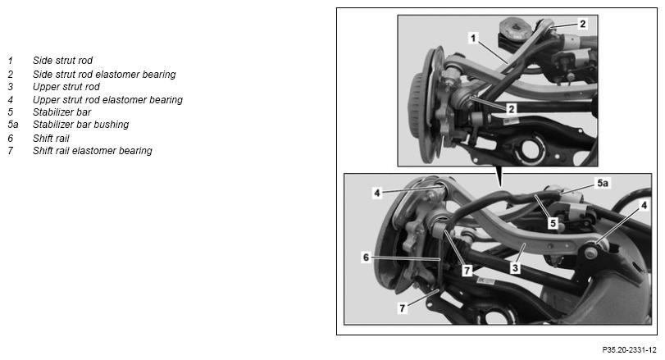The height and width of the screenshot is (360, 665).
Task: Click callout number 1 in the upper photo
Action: coord(474,39)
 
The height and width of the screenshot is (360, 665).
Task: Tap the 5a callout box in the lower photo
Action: coord(602,183)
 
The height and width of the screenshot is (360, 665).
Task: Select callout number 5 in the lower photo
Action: coord(553,222)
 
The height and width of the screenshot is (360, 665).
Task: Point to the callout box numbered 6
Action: coord(367,257)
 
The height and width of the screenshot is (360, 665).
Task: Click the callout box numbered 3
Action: coord(515,268)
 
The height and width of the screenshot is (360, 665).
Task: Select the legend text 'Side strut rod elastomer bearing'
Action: coord(104,74)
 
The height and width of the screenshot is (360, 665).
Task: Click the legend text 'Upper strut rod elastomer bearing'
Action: coord(107,100)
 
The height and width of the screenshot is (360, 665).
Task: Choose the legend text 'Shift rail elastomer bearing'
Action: coord(93,151)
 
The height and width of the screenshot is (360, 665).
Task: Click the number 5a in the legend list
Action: coord(13,125)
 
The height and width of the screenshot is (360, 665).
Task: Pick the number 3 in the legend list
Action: coord(11,87)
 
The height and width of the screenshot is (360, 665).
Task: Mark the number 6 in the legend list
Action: coord(11,139)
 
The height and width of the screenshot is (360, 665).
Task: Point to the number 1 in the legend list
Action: coord(11,61)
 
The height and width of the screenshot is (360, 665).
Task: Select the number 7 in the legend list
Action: coord(11,151)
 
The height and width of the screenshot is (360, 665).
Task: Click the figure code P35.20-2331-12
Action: coord(629,350)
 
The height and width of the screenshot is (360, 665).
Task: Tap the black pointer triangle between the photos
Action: coord(501,175)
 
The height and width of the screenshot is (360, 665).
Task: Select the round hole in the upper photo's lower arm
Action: coord(532,149)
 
